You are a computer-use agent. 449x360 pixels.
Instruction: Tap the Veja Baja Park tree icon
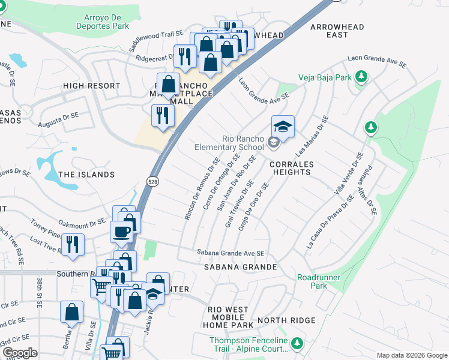click(x=361, y=76)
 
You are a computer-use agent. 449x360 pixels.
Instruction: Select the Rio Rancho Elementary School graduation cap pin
click(x=283, y=127)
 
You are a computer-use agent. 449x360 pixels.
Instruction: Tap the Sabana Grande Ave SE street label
click(x=231, y=253)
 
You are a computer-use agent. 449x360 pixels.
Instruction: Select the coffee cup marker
click(x=121, y=232)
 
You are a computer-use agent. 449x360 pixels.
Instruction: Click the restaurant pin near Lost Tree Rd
click(x=73, y=245)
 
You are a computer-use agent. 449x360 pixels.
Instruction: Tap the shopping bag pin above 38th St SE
click(x=71, y=312)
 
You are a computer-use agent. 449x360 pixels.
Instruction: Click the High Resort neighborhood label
click(x=92, y=86)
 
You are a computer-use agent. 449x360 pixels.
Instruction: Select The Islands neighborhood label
click(x=86, y=175)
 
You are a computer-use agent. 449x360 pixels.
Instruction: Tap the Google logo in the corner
click(x=20, y=353)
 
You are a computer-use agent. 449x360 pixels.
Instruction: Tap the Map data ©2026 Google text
click(x=411, y=355)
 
